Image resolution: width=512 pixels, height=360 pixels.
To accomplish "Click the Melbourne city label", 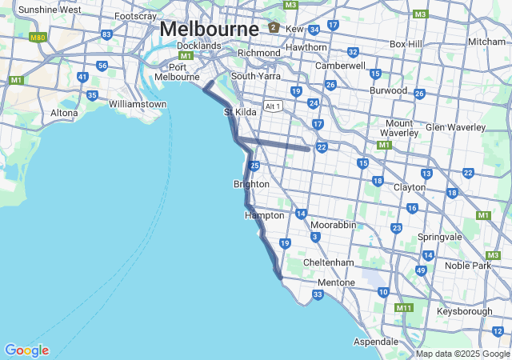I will pos(210,28).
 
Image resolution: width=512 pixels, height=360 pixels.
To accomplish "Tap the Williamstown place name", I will pos(138,105).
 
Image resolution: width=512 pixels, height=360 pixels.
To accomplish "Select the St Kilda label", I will pos(240,112).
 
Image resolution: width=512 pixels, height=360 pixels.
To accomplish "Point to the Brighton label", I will pos(251,184).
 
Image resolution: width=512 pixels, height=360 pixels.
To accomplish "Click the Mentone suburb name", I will pos(336,282).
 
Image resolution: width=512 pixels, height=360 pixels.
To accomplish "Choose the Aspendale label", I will pos(376,342).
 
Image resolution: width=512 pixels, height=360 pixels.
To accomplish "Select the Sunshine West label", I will pos(50,10).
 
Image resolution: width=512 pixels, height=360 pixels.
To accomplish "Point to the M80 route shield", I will pos(38,37).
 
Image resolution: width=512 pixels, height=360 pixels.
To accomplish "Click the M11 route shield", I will pos(404,307).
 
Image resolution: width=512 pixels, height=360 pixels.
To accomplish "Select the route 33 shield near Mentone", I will pos(318,295).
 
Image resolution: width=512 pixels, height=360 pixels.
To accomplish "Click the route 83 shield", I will pos(106,34).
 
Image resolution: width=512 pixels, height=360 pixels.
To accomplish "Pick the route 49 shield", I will pos(421,270).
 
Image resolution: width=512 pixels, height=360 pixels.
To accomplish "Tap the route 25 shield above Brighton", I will pos(254,166).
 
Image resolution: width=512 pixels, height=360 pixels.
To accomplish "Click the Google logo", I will pos(26,350).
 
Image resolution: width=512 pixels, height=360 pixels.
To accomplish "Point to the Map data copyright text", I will pos(462,354).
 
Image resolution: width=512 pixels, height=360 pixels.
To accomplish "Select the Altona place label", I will pos(64,113).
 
